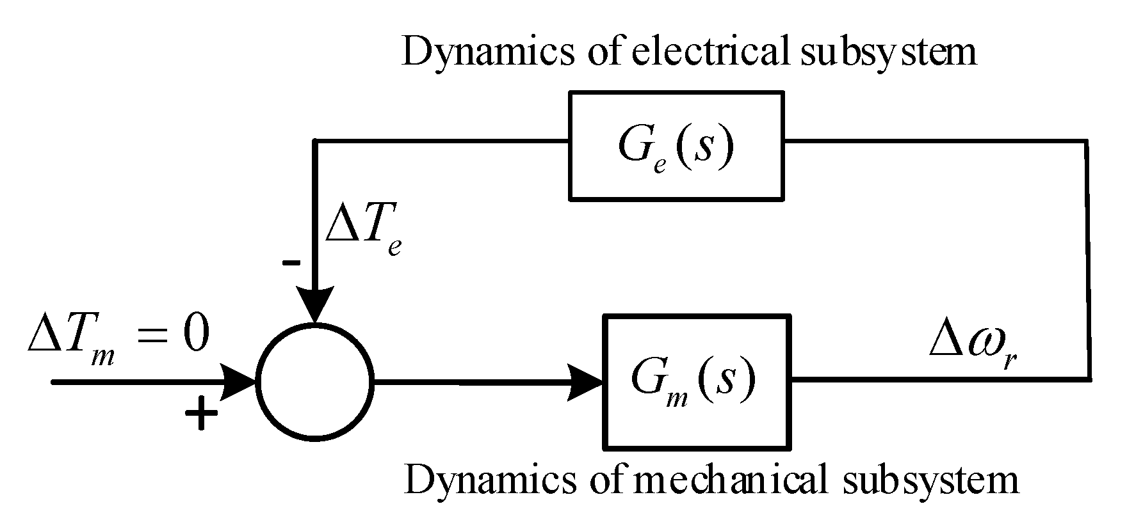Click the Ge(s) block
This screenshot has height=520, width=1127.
(676, 146)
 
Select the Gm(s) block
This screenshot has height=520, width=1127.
(697, 381)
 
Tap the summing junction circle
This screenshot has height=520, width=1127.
(314, 382)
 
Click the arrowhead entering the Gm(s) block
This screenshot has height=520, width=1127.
(586, 382)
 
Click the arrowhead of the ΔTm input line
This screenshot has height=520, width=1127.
(240, 382)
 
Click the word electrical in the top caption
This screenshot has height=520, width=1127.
(708, 51)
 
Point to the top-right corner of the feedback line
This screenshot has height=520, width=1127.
(1086, 141)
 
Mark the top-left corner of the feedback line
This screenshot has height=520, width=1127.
(314, 141)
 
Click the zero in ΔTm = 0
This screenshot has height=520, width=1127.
(196, 335)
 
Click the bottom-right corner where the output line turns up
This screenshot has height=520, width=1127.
(1089, 379)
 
